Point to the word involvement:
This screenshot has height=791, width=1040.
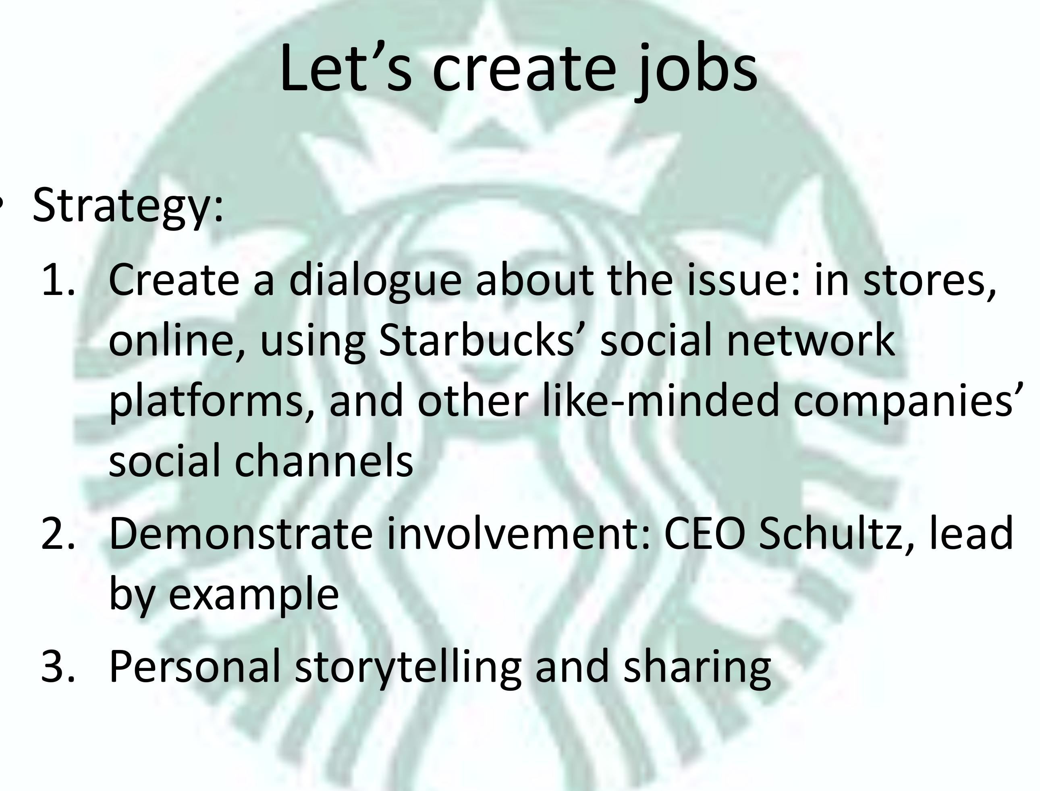tap(518, 534)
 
